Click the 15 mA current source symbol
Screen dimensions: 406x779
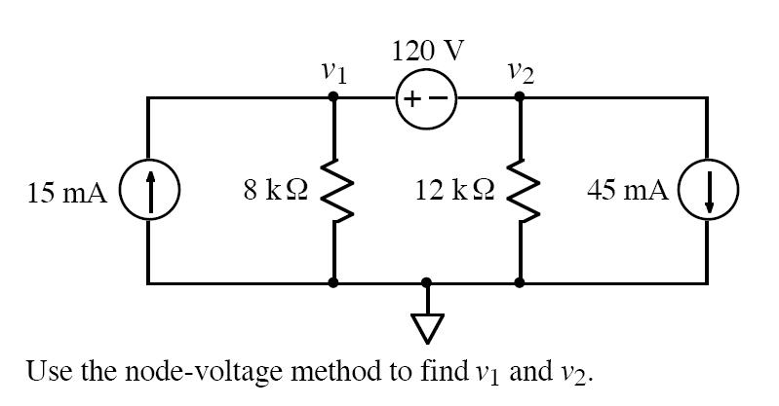148,191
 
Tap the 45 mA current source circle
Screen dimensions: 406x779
707,191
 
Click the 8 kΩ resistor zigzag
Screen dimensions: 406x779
334,191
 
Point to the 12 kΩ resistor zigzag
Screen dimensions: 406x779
520,191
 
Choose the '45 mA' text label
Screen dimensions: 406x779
626,191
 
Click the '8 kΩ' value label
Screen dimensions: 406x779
276,191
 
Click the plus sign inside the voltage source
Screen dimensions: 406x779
412,99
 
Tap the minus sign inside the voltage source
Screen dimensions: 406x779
440,99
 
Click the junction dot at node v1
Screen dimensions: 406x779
334,97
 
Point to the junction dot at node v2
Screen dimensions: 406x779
520,97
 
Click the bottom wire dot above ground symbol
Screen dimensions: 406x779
426,283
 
